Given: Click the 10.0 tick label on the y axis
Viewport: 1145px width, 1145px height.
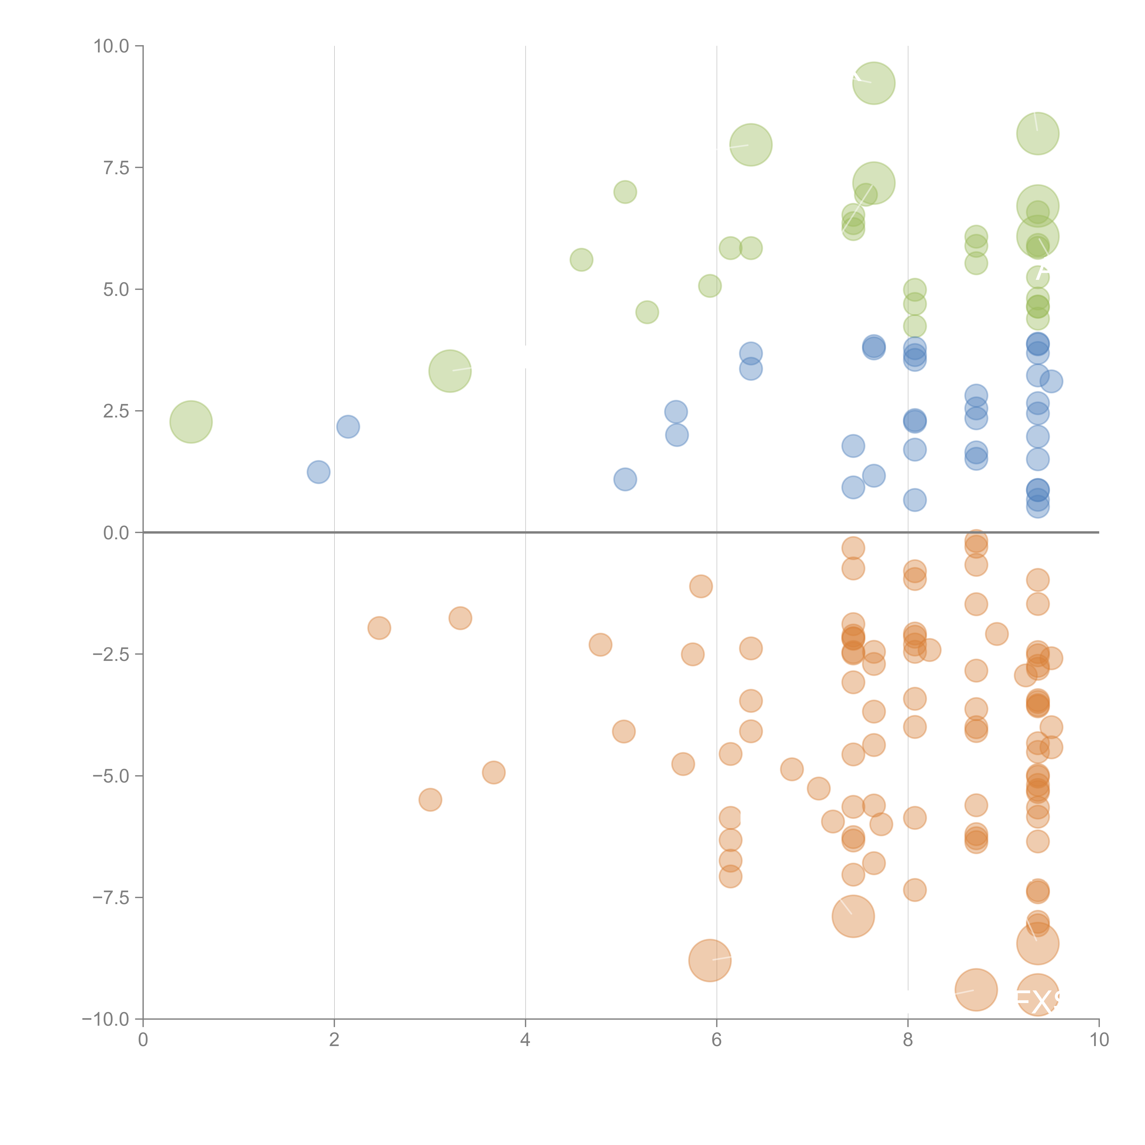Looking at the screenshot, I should coord(112,46).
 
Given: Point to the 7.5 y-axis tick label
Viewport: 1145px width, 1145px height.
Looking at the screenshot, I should coord(116,168).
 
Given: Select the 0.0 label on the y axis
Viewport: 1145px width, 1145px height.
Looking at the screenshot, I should coord(116,533).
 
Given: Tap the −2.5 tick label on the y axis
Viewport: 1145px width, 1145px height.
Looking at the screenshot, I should coord(112,654).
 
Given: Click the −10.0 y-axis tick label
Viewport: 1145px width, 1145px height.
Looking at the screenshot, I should coord(107,1019).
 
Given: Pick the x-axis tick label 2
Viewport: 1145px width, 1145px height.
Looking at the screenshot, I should coord(334,1040).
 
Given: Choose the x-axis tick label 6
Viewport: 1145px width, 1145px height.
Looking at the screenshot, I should coord(717,1040).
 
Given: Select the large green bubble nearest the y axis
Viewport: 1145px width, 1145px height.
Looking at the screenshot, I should coord(191,422).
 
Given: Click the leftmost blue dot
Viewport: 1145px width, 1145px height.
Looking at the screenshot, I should coord(318,472).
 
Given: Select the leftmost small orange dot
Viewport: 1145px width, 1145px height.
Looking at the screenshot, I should coord(379,628).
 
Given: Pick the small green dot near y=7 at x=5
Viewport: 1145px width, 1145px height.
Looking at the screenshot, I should coord(625,192).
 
